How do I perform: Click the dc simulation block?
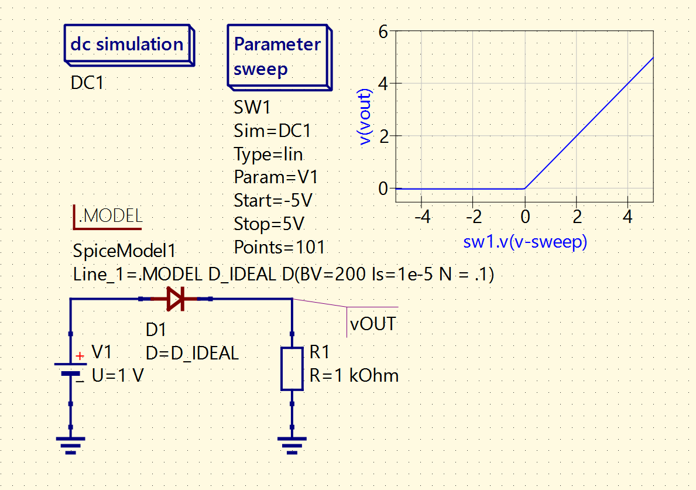point(128,44)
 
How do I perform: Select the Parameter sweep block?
point(278,57)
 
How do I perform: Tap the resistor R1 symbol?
point(292,369)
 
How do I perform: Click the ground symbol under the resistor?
point(292,444)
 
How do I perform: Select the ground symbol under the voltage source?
point(70,444)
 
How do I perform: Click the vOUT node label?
point(372,323)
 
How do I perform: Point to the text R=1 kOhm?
point(354,375)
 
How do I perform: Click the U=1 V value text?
point(118,375)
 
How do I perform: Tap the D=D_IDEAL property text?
point(192,353)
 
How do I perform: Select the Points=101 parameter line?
point(279,247)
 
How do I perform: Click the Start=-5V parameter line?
point(273,201)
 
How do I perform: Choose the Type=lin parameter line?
point(268,154)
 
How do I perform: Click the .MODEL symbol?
point(108,216)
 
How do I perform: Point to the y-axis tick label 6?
point(383,32)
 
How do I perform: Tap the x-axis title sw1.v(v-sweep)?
point(524,242)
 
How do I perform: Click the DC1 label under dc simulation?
point(87,83)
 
